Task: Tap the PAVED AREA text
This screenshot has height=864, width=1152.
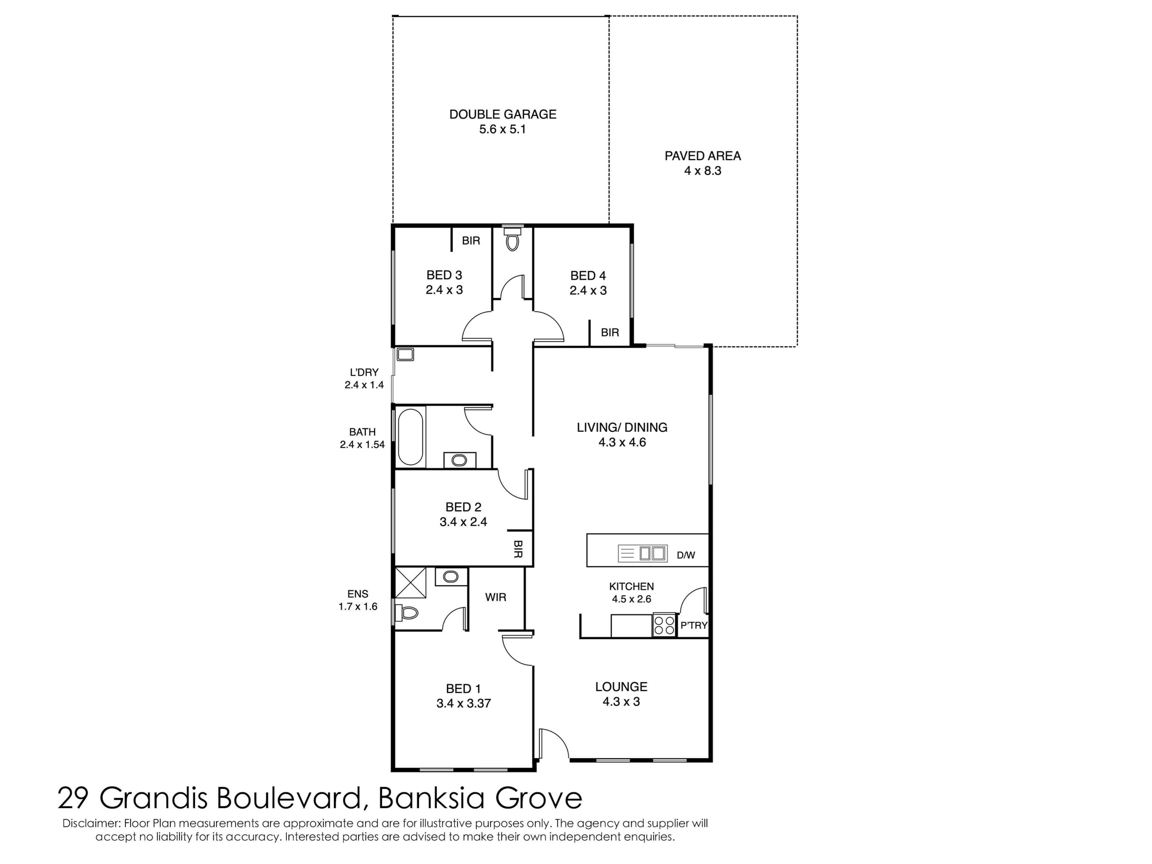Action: pyautogui.click(x=703, y=156)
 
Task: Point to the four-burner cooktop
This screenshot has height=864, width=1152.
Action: pyautogui.click(x=664, y=625)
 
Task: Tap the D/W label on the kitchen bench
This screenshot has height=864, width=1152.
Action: pyautogui.click(x=686, y=555)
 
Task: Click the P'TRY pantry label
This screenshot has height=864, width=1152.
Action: pyautogui.click(x=694, y=625)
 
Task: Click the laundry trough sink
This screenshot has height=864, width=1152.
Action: pyautogui.click(x=405, y=355)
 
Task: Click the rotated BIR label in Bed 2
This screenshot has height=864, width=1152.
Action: pyautogui.click(x=518, y=549)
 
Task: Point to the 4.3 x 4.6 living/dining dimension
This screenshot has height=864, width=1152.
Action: pyautogui.click(x=622, y=442)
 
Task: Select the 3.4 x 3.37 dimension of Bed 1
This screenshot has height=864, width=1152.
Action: pyautogui.click(x=463, y=703)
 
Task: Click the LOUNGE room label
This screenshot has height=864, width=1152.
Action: pyautogui.click(x=621, y=687)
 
